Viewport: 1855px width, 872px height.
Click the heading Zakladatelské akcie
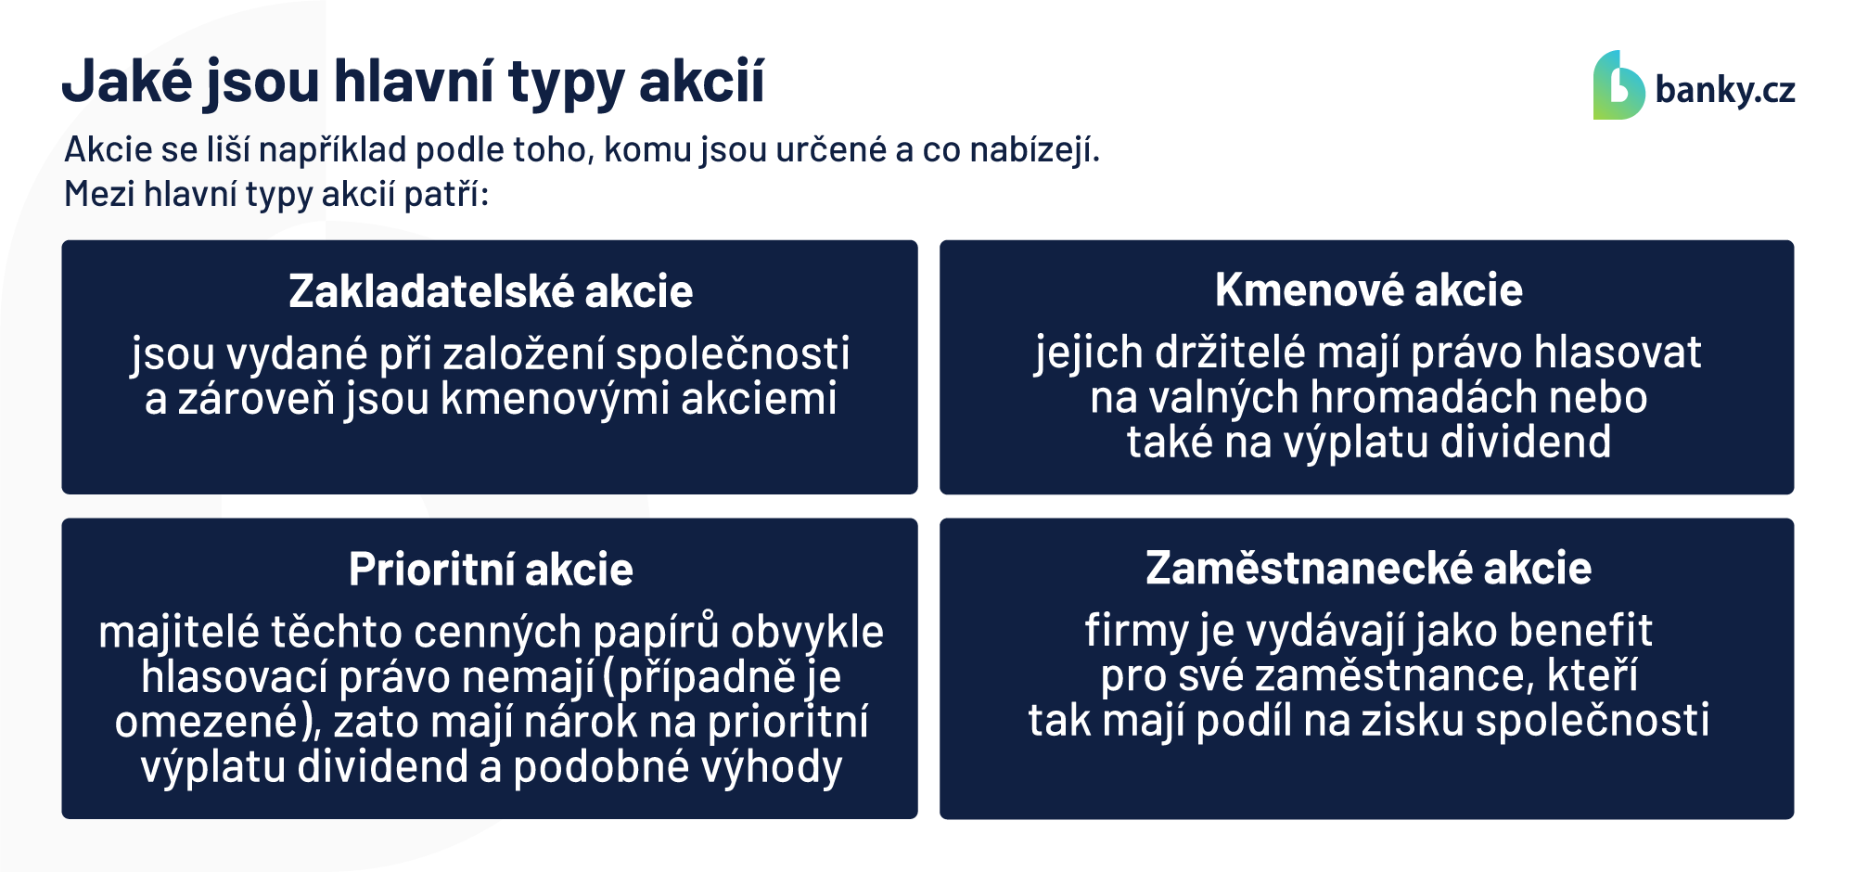point(491,291)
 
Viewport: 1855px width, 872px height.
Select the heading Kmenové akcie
point(1369,289)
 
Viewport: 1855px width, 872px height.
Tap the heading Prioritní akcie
point(491,569)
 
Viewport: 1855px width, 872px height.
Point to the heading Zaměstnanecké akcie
point(1369,568)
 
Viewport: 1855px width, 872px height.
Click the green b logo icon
point(1618,85)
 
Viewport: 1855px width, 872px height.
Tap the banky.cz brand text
point(1725,90)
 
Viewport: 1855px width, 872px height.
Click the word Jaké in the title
point(127,81)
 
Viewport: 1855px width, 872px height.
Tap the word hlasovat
point(1618,353)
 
